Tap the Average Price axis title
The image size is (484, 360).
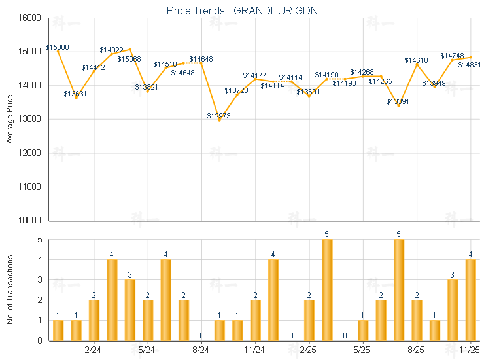pos(10,119)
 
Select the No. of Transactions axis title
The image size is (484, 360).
pos(10,289)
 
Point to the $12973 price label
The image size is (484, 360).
pos(218,116)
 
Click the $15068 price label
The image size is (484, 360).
pos(129,59)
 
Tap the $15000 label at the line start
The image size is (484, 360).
pos(58,48)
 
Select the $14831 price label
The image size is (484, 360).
pos(470,65)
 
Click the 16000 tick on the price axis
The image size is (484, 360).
pos(31,18)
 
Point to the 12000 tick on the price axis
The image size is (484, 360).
pos(31,153)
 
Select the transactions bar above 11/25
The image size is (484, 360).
pos(470,300)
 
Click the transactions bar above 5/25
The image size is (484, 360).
pos(363,331)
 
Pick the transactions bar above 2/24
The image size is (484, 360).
pos(94,320)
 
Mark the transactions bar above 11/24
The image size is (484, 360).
pos(255,320)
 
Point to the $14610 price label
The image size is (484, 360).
pos(416,60)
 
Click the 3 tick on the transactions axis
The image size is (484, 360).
pos(39,279)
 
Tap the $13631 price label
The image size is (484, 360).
pos(75,94)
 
